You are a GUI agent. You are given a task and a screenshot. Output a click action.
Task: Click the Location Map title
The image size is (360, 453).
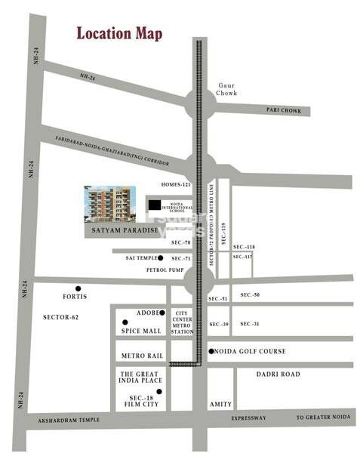[118, 34]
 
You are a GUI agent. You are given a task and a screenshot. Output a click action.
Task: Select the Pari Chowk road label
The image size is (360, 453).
[284, 110]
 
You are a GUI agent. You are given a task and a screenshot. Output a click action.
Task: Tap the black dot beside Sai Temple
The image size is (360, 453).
[161, 258]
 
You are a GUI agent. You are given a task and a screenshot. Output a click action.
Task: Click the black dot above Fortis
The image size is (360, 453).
[78, 288]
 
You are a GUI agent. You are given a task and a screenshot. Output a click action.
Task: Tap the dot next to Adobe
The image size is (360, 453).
[162, 313]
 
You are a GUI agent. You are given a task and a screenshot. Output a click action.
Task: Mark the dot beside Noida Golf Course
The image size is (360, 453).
[210, 351]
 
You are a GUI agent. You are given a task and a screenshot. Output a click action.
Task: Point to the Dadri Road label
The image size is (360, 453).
[278, 374]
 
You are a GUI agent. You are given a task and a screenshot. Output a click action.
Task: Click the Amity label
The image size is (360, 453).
[221, 405]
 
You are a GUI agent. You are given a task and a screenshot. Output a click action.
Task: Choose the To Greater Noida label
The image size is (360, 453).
[322, 418]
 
